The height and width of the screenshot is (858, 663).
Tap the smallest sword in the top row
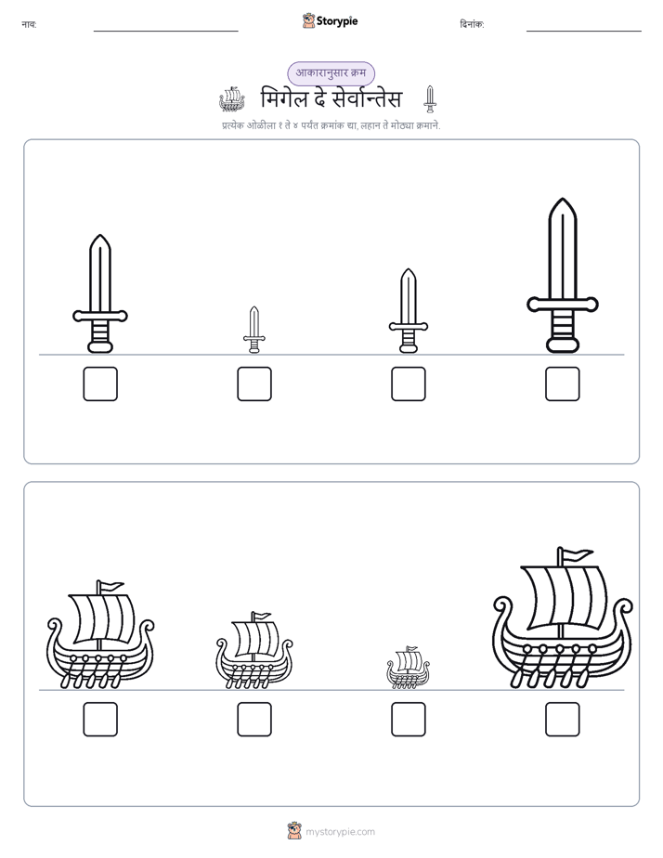(253, 330)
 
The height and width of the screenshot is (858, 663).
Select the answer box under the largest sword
(563, 383)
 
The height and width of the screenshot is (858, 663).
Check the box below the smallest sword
(254, 383)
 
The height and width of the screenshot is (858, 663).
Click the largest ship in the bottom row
(563, 618)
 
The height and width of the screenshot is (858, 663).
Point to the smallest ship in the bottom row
(408, 667)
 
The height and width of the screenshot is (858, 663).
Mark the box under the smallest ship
(409, 719)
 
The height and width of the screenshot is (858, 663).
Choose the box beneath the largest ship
(563, 719)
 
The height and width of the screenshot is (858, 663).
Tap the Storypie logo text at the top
(337, 21)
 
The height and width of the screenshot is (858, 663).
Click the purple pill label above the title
(331, 73)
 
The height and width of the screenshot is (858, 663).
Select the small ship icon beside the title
(232, 98)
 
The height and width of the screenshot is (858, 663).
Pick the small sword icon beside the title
(430, 99)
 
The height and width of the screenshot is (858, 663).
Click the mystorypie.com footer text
(340, 832)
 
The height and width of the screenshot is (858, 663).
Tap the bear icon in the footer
(294, 831)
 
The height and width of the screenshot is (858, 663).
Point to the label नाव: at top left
(29, 24)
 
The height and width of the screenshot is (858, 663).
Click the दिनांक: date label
(472, 24)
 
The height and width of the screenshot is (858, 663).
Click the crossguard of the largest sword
(563, 304)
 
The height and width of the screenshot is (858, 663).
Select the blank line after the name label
(165, 32)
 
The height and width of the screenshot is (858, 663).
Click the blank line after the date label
(584, 32)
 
